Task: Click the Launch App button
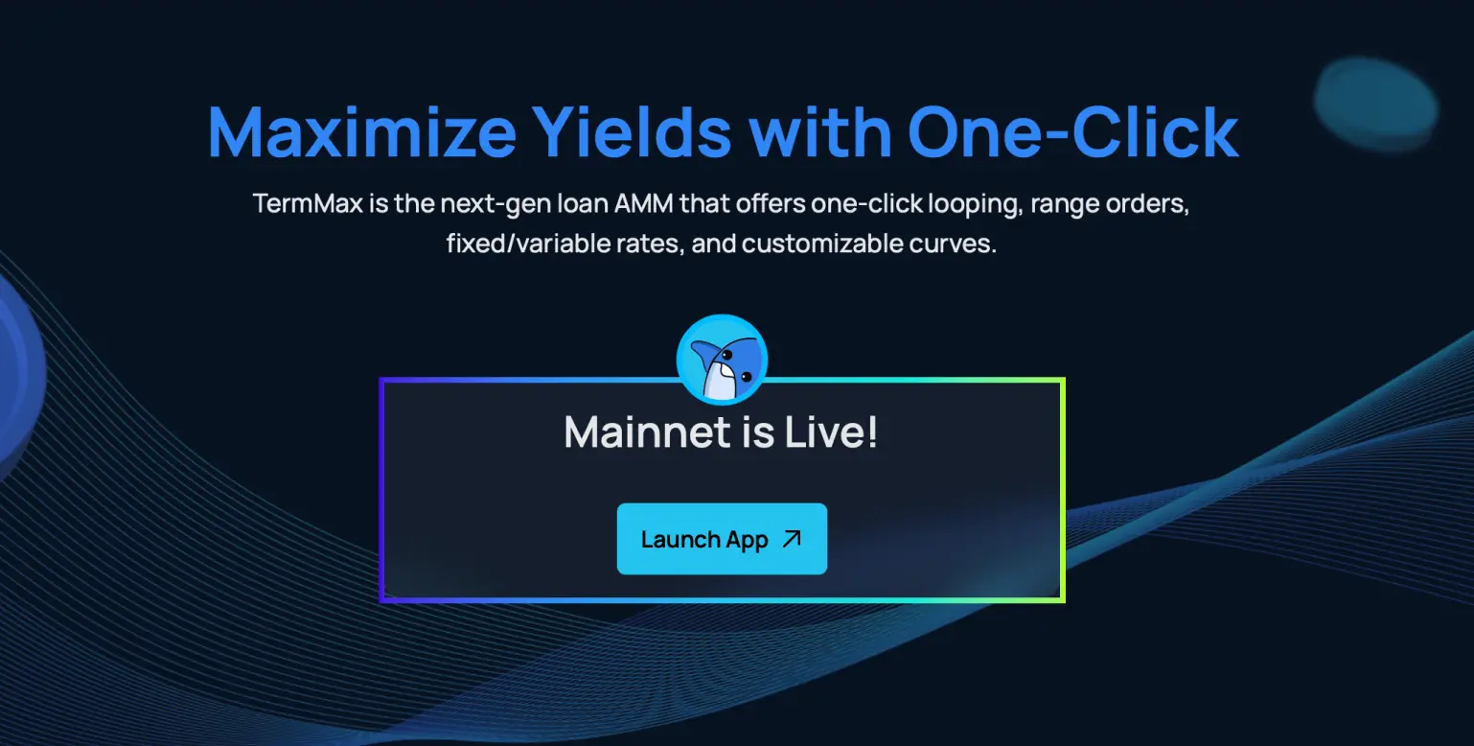[722, 539]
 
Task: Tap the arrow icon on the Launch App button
[793, 539]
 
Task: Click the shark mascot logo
[722, 360]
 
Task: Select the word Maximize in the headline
[362, 132]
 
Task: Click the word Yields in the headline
[632, 132]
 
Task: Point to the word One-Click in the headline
[1073, 132]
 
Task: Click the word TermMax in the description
[308, 203]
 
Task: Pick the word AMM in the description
[644, 203]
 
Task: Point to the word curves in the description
[953, 245]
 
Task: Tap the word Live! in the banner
[831, 432]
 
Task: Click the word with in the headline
[820, 132]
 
